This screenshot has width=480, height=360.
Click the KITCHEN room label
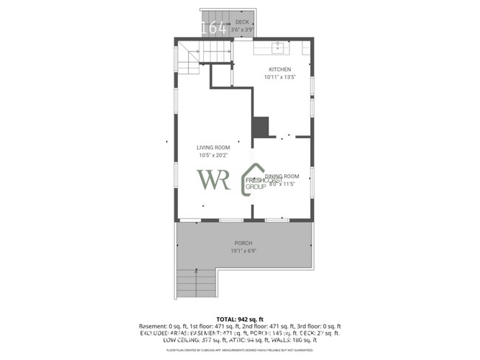tap(279, 69)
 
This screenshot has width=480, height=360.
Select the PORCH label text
tap(243, 243)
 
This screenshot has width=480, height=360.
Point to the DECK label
tap(242, 23)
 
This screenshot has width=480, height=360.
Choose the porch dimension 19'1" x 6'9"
tap(243, 251)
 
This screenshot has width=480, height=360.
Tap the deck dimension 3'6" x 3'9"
tap(242, 30)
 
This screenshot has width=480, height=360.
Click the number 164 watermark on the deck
tap(214, 29)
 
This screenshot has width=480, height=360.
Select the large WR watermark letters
tap(213, 180)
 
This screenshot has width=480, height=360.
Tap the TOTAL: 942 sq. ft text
tap(239, 319)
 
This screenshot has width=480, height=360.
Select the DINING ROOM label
tap(282, 176)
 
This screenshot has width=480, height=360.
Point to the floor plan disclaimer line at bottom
tap(239, 350)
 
